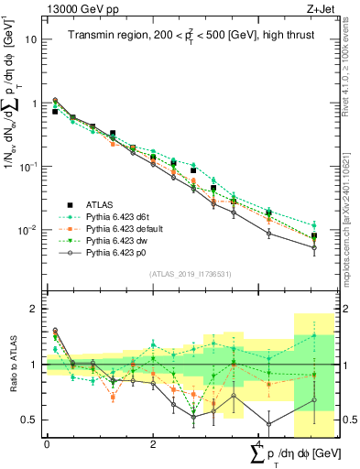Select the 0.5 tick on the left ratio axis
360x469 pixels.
[x=32, y=420]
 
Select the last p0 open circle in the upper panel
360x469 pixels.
[x=314, y=247]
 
